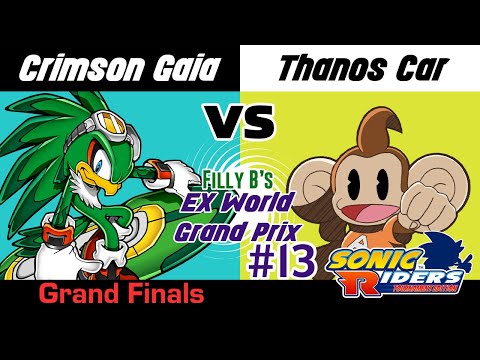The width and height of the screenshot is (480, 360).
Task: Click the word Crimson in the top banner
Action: click(x=73, y=71)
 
